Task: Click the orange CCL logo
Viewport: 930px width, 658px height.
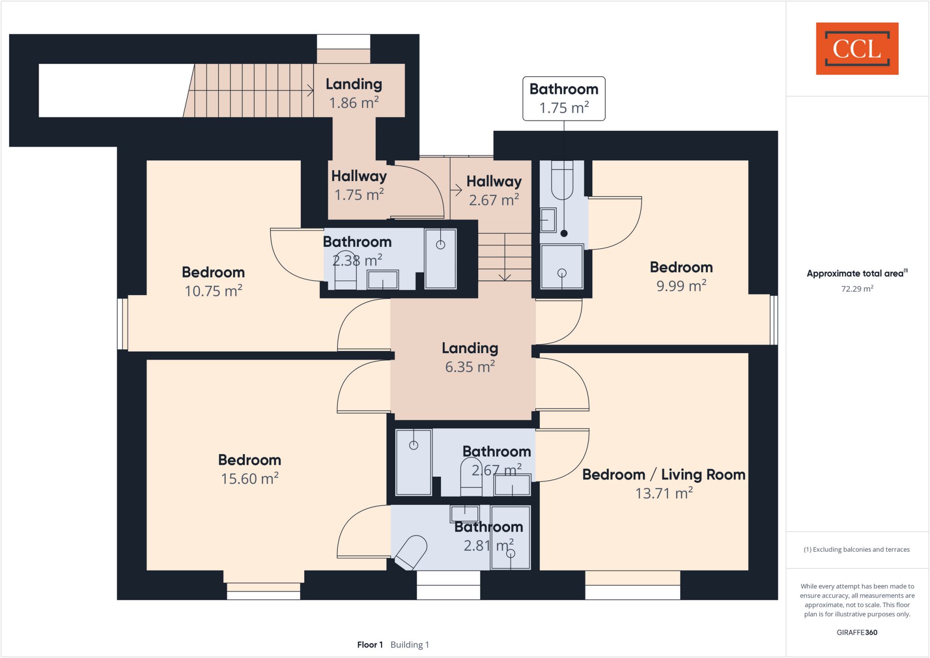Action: coord(857,49)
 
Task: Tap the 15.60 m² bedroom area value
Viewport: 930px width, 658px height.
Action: coord(250,479)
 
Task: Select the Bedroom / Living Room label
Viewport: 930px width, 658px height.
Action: coord(663,475)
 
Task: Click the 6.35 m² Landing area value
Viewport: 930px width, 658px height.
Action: coord(470,367)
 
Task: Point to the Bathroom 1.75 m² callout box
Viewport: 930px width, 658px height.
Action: coord(564,99)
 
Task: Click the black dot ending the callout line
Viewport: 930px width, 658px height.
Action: coord(564,233)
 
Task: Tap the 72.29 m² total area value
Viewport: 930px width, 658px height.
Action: coord(857,289)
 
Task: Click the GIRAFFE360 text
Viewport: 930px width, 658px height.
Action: coord(856,632)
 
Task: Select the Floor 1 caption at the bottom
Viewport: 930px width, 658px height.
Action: coord(370,644)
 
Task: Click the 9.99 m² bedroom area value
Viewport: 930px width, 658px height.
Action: coord(681,286)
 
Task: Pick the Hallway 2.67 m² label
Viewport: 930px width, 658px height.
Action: coord(494,190)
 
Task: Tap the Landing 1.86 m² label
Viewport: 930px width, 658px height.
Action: coord(354,94)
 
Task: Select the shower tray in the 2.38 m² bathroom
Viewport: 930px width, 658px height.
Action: coord(440,259)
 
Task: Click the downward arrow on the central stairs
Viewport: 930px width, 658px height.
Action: coord(505,276)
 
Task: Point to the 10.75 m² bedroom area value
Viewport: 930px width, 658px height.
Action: coord(213,291)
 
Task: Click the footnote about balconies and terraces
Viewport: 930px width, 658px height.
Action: coord(856,549)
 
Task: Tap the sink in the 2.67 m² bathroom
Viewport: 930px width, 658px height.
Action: coord(512,485)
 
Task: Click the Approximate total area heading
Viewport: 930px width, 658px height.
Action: coord(856,273)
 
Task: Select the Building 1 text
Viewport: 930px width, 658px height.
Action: coord(410,644)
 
